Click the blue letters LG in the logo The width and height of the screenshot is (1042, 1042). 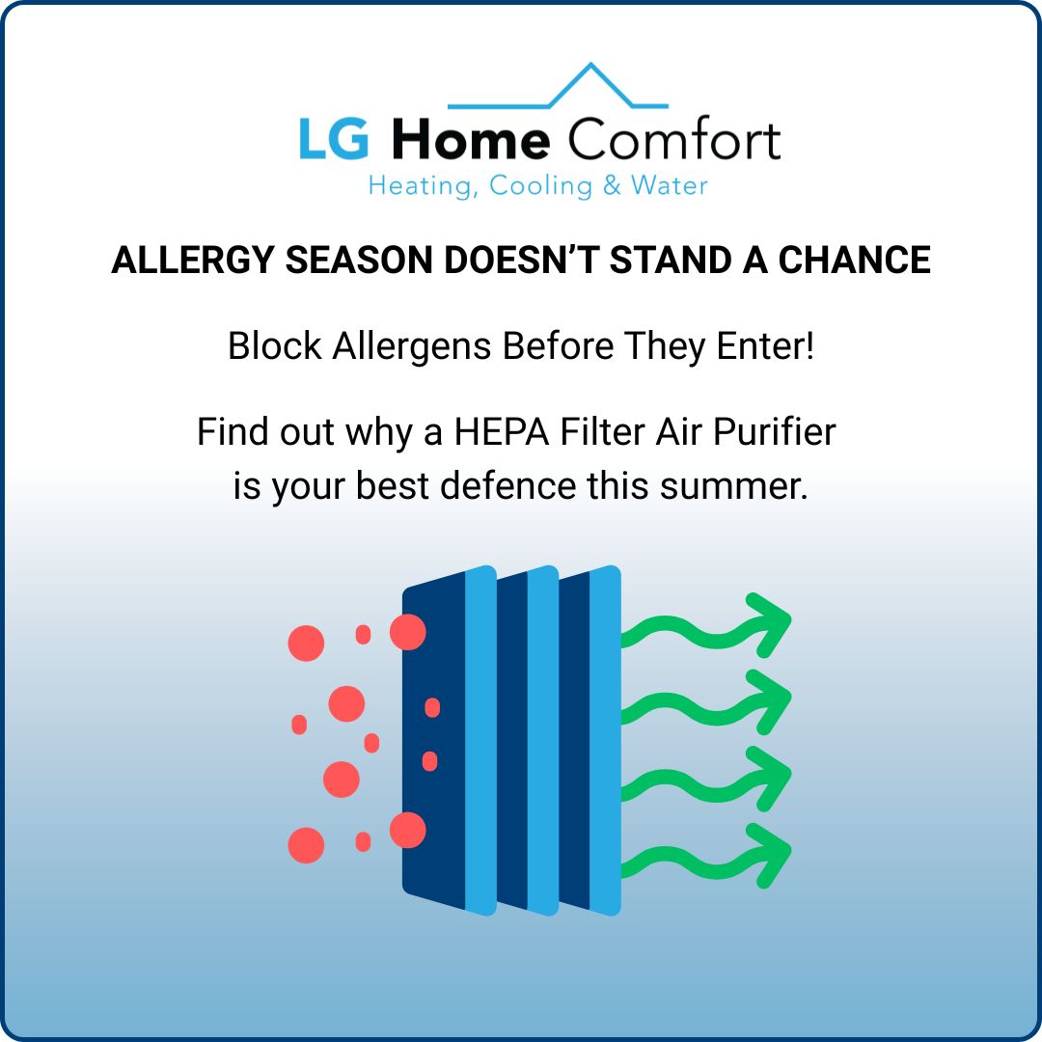333,141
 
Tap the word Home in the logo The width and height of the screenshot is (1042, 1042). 471,141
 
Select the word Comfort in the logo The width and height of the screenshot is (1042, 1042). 673,141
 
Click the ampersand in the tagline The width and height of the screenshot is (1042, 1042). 612,185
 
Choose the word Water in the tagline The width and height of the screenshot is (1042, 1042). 670,185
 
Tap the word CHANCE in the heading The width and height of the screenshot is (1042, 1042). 855,260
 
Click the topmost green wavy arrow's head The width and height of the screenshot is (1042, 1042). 772,623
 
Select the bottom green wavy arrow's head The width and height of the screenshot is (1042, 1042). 772,853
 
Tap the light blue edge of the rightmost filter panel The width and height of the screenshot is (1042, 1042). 605,739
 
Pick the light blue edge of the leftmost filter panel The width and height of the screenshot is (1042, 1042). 480,739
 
